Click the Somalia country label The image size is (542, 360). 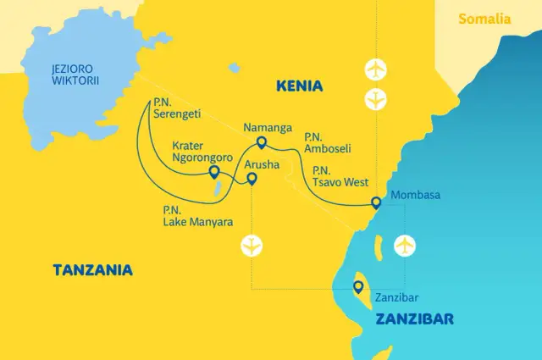484,19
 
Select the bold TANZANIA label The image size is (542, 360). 93,270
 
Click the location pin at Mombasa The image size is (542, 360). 376,202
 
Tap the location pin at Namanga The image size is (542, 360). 261,143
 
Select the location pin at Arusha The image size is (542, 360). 252,178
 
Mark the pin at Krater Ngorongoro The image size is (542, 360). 213,173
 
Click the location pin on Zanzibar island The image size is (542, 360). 359,287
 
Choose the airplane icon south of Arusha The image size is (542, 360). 252,246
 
